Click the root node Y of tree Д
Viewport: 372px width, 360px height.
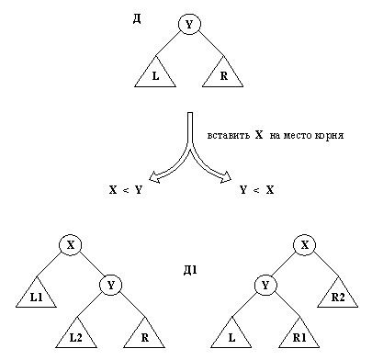[188, 25]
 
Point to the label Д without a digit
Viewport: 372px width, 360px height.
[138, 18]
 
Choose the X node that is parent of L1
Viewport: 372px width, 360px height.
[72, 244]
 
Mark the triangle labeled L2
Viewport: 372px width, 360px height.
[76, 335]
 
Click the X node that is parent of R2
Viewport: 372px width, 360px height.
[304, 244]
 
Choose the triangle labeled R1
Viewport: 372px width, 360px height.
[302, 335]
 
